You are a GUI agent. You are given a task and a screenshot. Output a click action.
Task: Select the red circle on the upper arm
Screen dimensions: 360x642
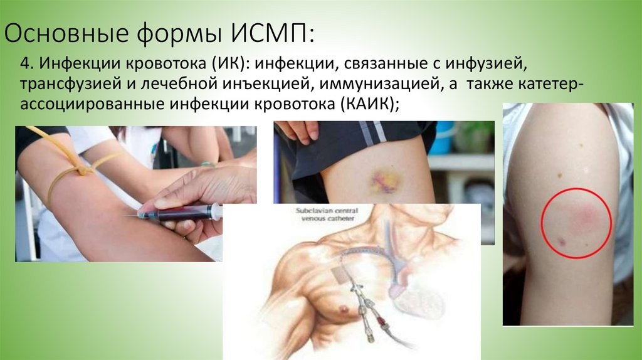(576, 223)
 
